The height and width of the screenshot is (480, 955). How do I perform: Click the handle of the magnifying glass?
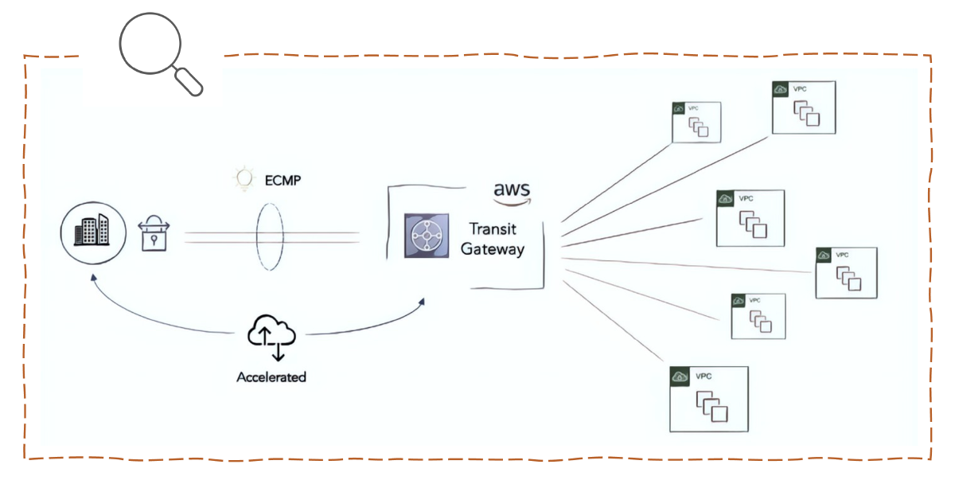point(189,81)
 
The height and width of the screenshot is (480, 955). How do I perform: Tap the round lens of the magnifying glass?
point(151,43)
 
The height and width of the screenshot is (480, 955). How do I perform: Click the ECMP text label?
point(283,181)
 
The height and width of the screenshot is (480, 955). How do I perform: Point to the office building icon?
point(92,230)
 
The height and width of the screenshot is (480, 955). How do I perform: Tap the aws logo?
point(511,193)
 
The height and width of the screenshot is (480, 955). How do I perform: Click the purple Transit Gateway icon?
point(422,236)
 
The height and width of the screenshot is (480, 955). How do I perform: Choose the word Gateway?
point(493,249)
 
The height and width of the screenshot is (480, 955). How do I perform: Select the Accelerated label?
point(271,377)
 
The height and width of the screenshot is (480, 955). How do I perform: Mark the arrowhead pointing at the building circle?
point(94,279)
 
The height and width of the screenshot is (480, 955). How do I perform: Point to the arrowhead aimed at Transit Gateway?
point(422,302)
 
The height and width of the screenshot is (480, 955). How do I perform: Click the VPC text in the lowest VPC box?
point(704,376)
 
